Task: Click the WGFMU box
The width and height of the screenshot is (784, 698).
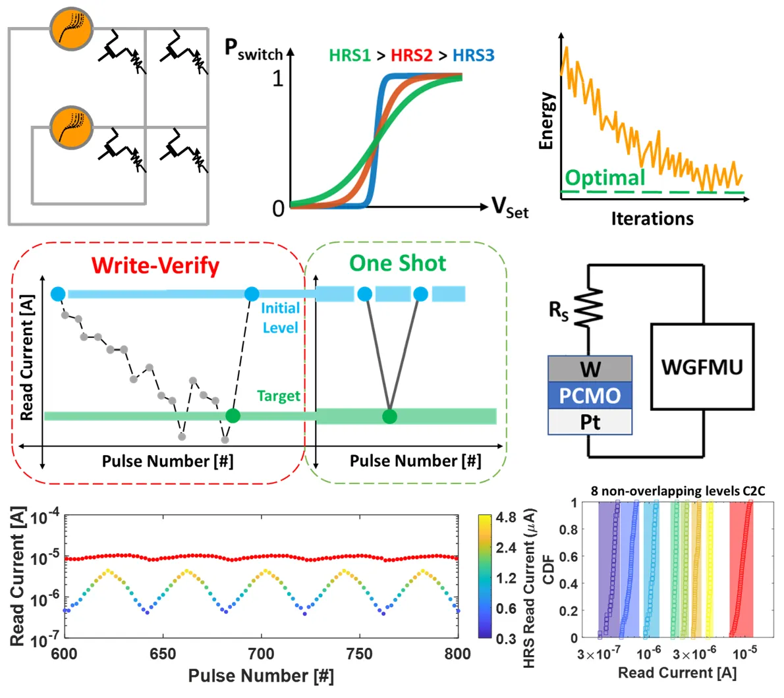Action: [702, 366]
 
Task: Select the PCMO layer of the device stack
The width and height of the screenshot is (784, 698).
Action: [590, 395]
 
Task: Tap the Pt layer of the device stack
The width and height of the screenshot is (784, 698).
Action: [590, 421]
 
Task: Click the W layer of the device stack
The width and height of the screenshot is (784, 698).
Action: [590, 369]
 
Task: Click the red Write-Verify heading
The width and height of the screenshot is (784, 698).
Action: [155, 265]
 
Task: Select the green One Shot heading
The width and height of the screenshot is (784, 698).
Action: [397, 263]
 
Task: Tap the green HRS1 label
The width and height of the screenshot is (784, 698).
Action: [350, 55]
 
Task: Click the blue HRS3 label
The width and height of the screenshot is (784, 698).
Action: [473, 55]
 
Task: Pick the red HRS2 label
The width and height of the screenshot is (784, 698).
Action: [411, 55]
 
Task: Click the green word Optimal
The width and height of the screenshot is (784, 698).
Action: [605, 178]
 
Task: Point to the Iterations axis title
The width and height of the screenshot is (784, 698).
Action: [652, 218]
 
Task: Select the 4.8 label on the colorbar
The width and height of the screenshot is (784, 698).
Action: [506, 518]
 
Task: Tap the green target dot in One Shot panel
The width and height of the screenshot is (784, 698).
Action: [390, 416]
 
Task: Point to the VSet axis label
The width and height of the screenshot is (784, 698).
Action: [510, 208]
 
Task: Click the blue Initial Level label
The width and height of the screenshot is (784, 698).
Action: [280, 317]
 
